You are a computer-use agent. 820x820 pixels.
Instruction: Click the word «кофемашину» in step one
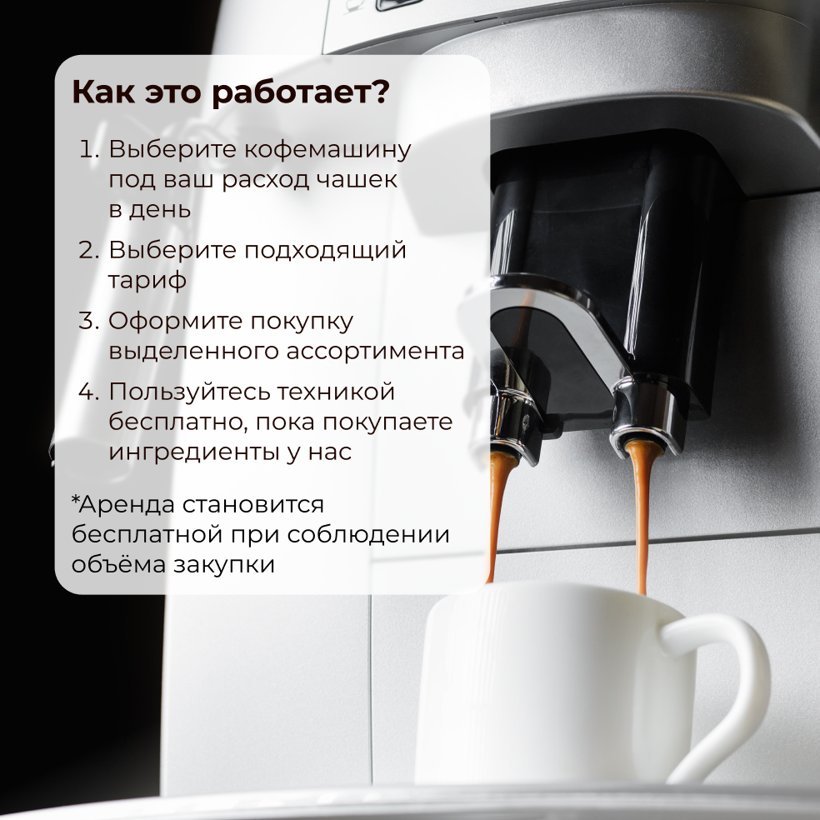(327, 150)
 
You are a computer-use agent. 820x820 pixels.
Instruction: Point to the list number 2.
(89, 250)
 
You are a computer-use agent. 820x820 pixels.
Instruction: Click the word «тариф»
(147, 281)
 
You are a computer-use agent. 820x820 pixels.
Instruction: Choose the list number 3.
(89, 321)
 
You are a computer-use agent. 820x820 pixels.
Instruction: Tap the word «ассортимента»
(375, 350)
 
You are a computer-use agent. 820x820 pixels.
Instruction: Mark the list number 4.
(89, 391)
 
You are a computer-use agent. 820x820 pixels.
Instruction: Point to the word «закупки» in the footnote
(224, 565)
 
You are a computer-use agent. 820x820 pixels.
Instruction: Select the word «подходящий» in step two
(325, 251)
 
